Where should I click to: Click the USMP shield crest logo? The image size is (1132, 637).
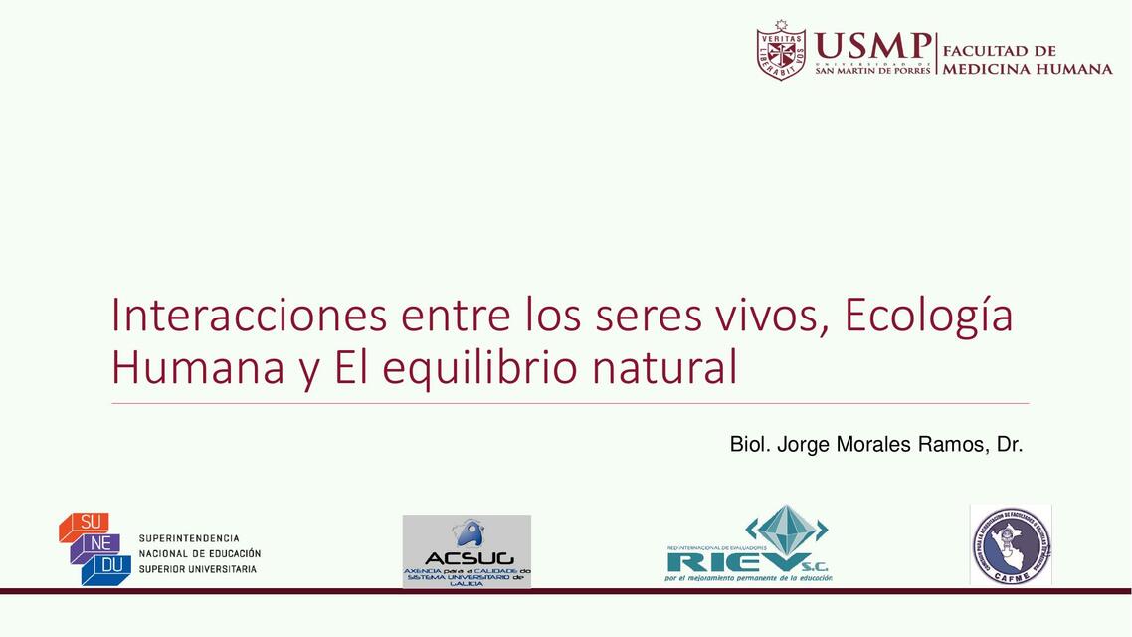pos(781,51)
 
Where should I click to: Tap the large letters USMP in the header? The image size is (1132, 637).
pos(871,46)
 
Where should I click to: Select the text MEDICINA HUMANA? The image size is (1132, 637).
pos(1027,69)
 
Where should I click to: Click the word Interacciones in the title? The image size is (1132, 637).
pos(249,315)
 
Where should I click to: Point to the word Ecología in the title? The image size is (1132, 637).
pos(928,317)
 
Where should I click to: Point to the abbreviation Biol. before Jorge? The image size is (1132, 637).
pos(750,444)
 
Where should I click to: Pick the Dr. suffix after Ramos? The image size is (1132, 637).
pos(1010,444)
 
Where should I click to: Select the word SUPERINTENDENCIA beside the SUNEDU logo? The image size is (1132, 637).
pos(189,538)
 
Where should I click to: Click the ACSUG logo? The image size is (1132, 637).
pos(467,550)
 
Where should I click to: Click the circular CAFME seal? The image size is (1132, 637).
pos(1010,544)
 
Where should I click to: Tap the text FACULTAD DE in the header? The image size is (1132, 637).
pos(999,50)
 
